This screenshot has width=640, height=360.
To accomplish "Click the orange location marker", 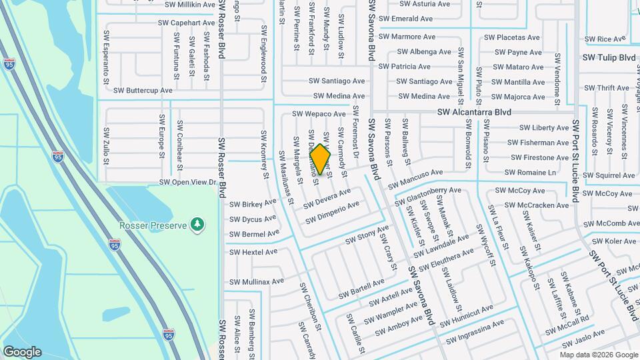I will tap(321, 159).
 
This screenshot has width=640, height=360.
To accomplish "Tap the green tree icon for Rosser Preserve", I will tap(197, 225).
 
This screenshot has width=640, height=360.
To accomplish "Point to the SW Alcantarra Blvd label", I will tap(474, 113).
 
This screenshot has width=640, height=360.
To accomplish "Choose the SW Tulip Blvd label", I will tap(609, 57).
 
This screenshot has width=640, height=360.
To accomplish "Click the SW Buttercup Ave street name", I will tap(143, 90).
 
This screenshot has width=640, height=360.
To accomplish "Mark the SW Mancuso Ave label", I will tap(415, 177).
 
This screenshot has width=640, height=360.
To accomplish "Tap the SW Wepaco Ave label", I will tap(319, 114).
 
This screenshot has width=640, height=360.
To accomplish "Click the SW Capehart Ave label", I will tap(187, 23).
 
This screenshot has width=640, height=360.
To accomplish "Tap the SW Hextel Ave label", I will tap(253, 252).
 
